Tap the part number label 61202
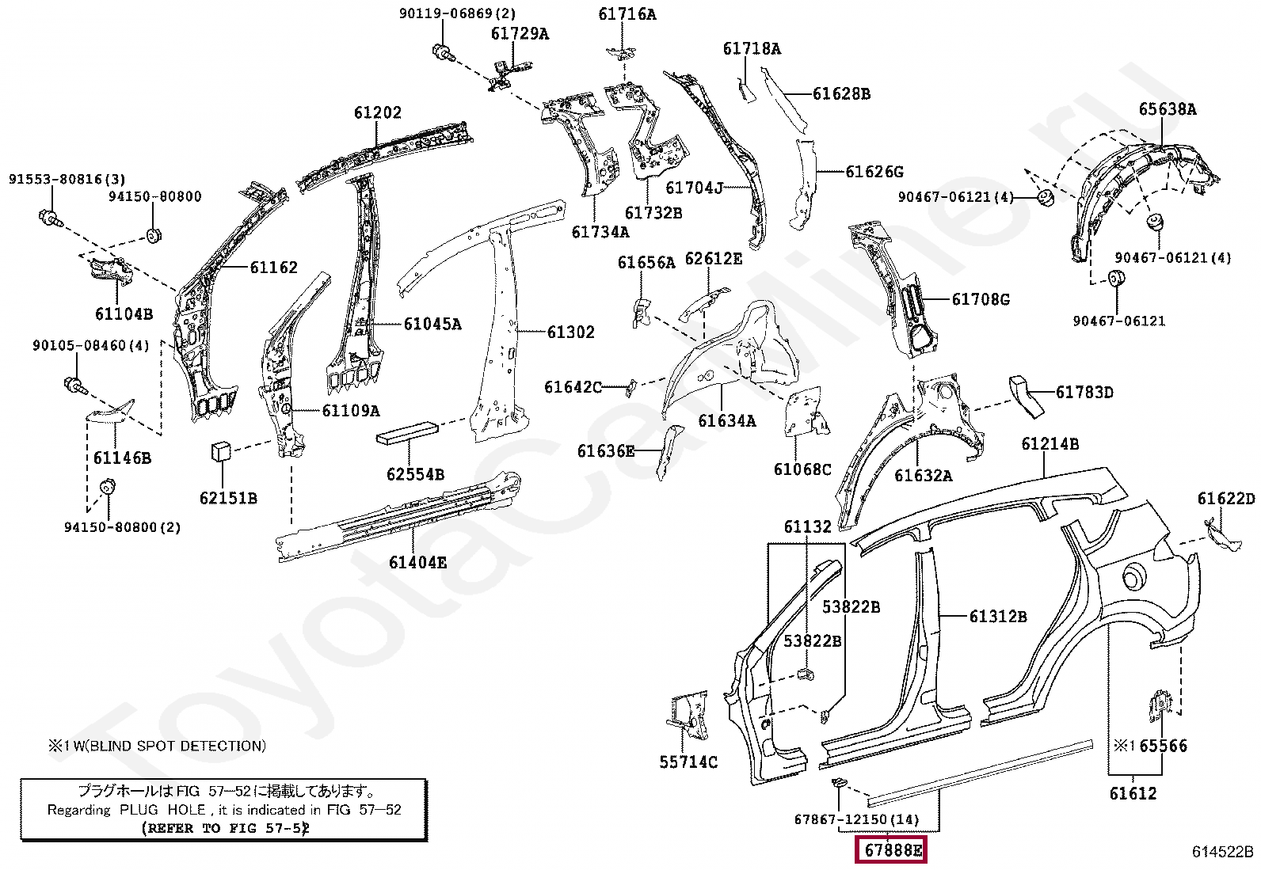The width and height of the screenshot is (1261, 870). pyautogui.click(x=377, y=113)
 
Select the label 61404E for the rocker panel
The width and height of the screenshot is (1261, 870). pyautogui.click(x=417, y=563)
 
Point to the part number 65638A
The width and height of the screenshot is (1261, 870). pyautogui.click(x=1167, y=109)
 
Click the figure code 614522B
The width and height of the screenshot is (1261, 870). pyautogui.click(x=1222, y=852)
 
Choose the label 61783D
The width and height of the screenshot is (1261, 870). pyautogui.click(x=1084, y=393)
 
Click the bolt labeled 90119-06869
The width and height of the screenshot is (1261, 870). pyautogui.click(x=442, y=53)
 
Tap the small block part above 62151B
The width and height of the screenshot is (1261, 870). pyautogui.click(x=219, y=452)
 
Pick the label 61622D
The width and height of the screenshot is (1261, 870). pyautogui.click(x=1225, y=499)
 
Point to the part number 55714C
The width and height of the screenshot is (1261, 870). pyautogui.click(x=688, y=762)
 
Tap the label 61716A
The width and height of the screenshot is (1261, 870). pyautogui.click(x=627, y=14)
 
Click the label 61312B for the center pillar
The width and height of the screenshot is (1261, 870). pyautogui.click(x=997, y=617)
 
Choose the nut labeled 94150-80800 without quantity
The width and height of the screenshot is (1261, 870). pyautogui.click(x=154, y=235)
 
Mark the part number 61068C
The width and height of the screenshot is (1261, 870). pyautogui.click(x=802, y=469)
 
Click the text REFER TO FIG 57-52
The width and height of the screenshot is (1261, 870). pyautogui.click(x=225, y=828)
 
